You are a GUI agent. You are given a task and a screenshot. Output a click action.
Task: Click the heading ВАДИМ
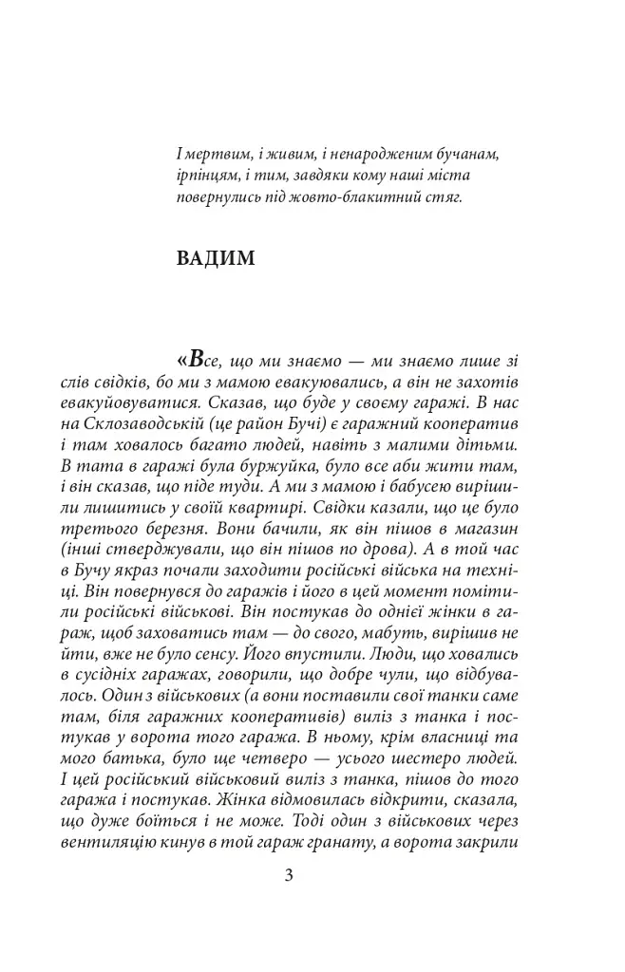click(216, 259)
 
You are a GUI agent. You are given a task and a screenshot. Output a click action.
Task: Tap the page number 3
click(289, 874)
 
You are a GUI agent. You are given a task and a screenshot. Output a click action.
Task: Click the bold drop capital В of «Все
click(196, 360)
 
